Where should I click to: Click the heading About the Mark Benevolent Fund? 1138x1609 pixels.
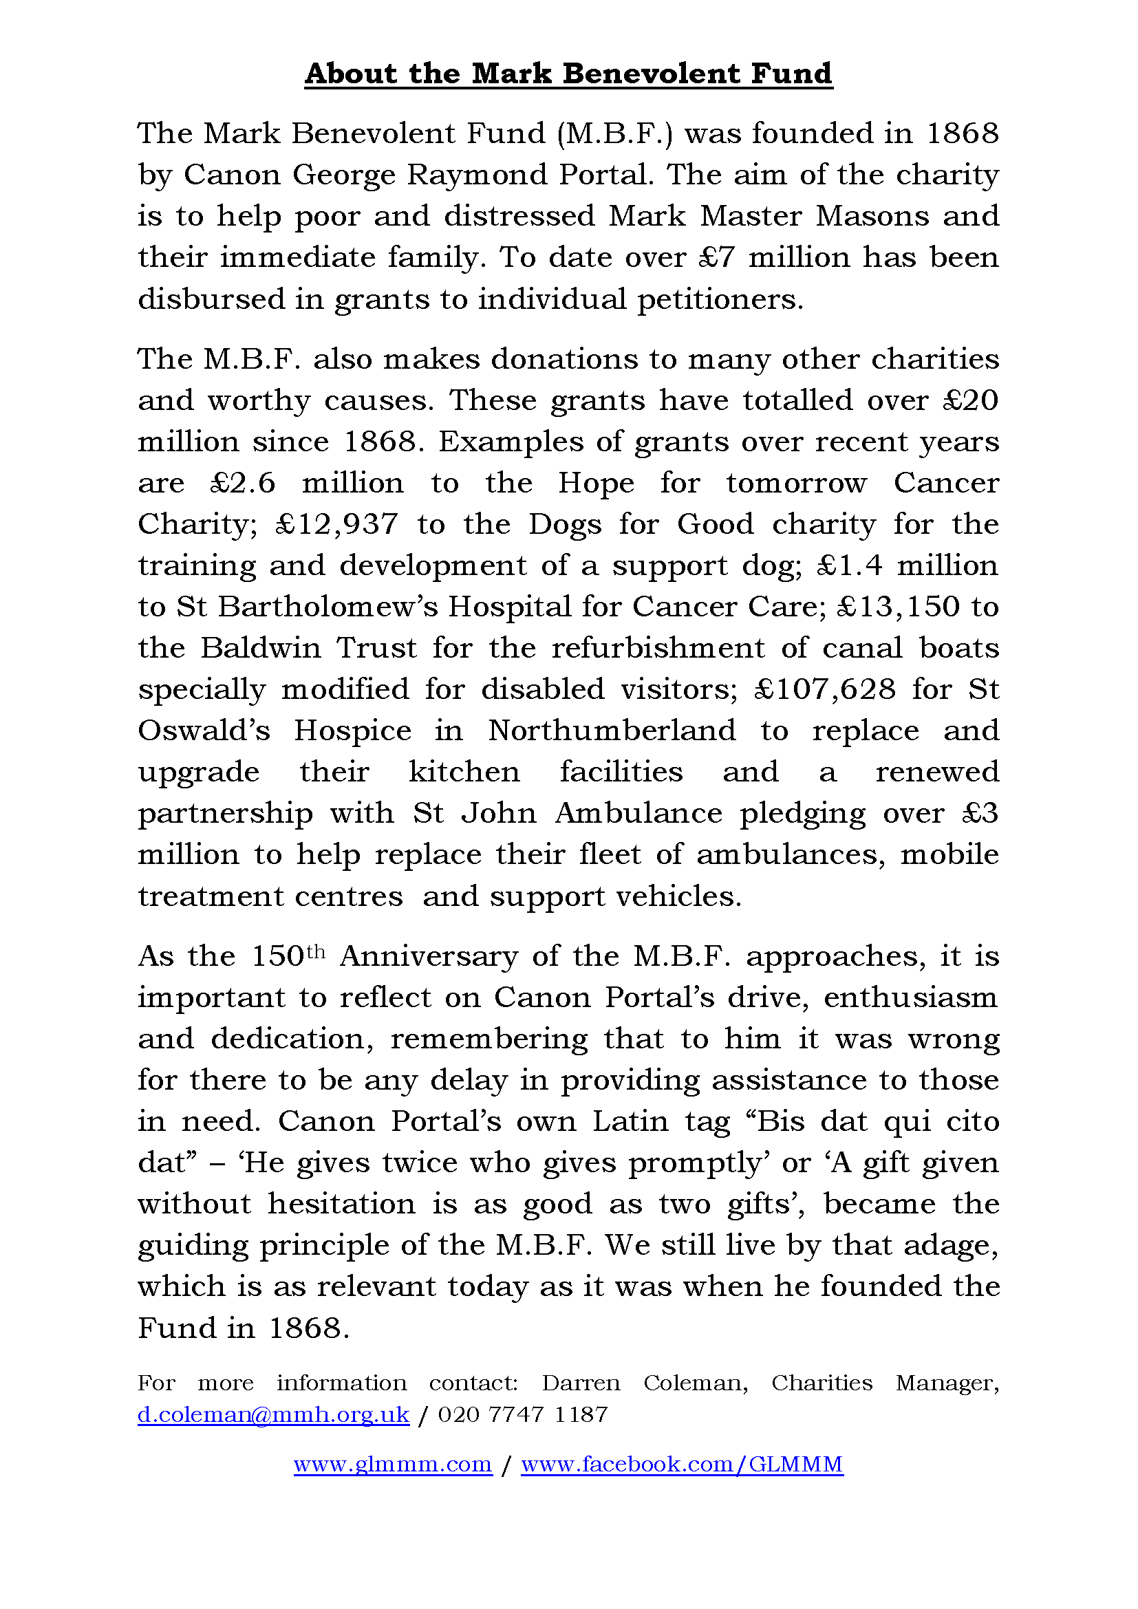(x=568, y=74)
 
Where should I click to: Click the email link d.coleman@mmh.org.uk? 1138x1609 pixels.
(x=273, y=1414)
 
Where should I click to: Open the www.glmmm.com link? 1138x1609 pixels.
(x=392, y=1464)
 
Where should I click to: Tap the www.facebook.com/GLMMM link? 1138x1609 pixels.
(x=682, y=1464)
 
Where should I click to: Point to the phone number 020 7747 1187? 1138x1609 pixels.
(x=523, y=1414)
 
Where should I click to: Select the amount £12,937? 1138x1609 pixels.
(x=337, y=524)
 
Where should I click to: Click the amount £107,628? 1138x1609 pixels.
(x=826, y=689)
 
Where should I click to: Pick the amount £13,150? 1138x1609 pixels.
(x=898, y=607)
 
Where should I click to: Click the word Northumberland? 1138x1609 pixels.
(x=612, y=731)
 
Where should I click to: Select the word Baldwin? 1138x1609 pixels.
(x=260, y=648)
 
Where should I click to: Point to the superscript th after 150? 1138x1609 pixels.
(x=316, y=951)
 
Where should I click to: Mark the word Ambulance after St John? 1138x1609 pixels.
(x=638, y=814)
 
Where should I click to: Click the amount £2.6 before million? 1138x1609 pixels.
(x=242, y=483)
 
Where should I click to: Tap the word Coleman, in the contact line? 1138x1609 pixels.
(x=695, y=1383)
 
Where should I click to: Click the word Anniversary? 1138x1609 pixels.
(x=429, y=957)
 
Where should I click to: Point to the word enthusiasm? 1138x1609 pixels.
(x=910, y=998)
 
